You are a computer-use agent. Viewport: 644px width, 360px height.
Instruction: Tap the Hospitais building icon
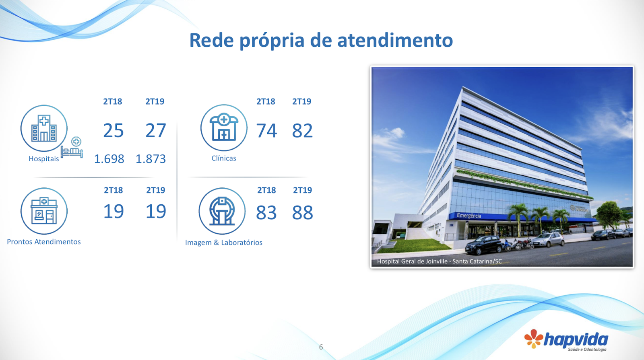44,128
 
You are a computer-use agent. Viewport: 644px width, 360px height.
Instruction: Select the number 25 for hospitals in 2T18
114,131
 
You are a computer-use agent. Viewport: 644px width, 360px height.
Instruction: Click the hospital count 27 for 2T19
156,131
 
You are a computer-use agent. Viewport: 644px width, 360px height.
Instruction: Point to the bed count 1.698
109,159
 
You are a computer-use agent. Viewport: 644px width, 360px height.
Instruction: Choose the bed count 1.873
151,159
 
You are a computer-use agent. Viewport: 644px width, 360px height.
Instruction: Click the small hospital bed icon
72,147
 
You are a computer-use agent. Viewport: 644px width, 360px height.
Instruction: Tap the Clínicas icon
224,128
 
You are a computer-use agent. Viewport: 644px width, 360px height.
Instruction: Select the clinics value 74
266,131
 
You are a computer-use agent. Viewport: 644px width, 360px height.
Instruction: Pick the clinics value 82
302,131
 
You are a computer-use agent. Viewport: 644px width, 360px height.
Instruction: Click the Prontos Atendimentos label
44,242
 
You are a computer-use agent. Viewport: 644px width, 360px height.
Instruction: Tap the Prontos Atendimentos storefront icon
44,211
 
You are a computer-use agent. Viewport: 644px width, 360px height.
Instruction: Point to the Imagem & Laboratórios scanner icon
222,211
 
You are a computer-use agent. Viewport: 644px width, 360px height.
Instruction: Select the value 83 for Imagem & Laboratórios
266,213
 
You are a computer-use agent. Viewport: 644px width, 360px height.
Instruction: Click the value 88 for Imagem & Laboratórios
302,213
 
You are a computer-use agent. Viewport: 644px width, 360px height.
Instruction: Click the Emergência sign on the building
469,216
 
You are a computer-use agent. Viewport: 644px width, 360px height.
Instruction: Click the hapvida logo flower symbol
534,339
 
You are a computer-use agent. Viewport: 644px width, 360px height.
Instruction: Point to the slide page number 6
321,347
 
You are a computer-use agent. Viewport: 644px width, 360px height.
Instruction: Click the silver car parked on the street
548,239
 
